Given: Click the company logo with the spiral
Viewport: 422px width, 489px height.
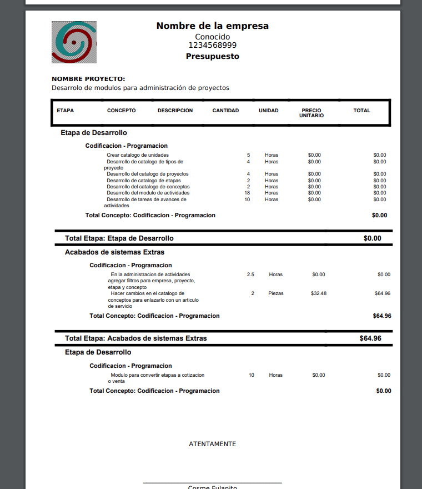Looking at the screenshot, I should (74, 42).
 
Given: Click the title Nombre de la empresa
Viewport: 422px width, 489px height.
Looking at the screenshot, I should (212, 26).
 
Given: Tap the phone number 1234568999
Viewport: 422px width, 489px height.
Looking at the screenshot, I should (212, 46).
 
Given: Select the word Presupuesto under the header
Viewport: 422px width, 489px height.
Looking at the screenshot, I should (212, 57).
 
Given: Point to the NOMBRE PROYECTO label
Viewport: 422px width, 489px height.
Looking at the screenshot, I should (88, 79).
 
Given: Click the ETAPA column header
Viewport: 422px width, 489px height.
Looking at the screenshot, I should (65, 111).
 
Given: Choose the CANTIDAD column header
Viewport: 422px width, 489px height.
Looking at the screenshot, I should (225, 111).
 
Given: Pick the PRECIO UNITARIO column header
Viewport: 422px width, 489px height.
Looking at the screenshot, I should (312, 113).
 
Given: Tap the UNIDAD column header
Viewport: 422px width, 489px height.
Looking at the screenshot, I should (269, 111).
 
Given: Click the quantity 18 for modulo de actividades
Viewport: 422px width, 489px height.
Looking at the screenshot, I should (247, 193).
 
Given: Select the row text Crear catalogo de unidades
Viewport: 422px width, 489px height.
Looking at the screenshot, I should (138, 155).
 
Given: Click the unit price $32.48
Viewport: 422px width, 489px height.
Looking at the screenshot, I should (319, 293).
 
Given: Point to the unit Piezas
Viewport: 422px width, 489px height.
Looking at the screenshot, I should (276, 293).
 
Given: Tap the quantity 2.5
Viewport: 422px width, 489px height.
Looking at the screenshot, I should (250, 275).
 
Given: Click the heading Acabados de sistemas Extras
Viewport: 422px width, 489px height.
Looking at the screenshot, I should (114, 252).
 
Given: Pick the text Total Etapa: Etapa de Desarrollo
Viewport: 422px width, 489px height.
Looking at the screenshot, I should (119, 238).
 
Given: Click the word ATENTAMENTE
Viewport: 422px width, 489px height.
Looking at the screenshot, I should (212, 444).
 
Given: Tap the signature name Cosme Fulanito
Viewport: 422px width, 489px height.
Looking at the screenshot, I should (212, 487).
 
